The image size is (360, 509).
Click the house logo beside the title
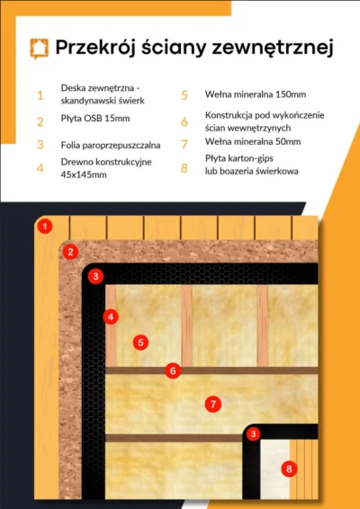40,49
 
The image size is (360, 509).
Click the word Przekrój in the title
95,48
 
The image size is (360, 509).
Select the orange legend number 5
184,95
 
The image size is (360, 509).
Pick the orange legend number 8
184,168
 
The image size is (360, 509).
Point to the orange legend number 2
40,121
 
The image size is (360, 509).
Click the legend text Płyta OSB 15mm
95,118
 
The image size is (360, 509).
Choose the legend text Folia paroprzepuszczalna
111,145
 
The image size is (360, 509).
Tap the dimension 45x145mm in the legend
84,174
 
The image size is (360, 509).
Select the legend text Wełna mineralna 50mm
253,141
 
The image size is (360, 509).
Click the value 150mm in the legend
291,94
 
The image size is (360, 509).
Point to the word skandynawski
85,101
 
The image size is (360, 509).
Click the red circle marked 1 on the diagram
45,227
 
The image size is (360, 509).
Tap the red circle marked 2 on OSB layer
70,252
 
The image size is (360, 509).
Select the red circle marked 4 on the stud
111,317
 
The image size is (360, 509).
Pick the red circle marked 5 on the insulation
140,343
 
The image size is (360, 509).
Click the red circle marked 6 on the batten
173,371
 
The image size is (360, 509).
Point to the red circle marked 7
213,404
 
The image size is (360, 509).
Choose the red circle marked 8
289,469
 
